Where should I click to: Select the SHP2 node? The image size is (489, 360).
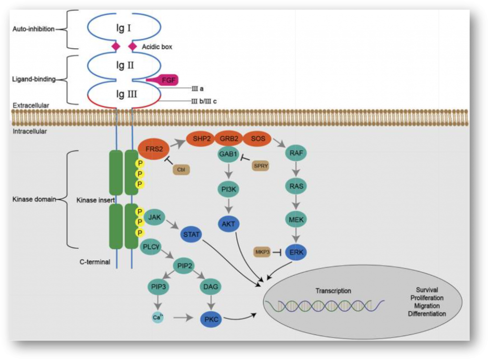pyautogui.click(x=201, y=138)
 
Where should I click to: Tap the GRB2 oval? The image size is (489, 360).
pyautogui.click(x=230, y=138)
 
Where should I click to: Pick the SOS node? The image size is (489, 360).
pyautogui.click(x=257, y=138)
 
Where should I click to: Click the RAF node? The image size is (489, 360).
pyautogui.click(x=295, y=154)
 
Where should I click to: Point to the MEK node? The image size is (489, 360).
pyautogui.click(x=295, y=220)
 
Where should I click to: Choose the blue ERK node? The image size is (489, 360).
pyautogui.click(x=295, y=252)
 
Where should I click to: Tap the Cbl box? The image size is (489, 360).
pyautogui.click(x=180, y=170)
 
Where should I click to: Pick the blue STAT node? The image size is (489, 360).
pyautogui.click(x=191, y=234)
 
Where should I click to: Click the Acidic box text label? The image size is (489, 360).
pyautogui.click(x=157, y=47)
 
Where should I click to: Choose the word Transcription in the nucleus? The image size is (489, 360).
pyautogui.click(x=333, y=291)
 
